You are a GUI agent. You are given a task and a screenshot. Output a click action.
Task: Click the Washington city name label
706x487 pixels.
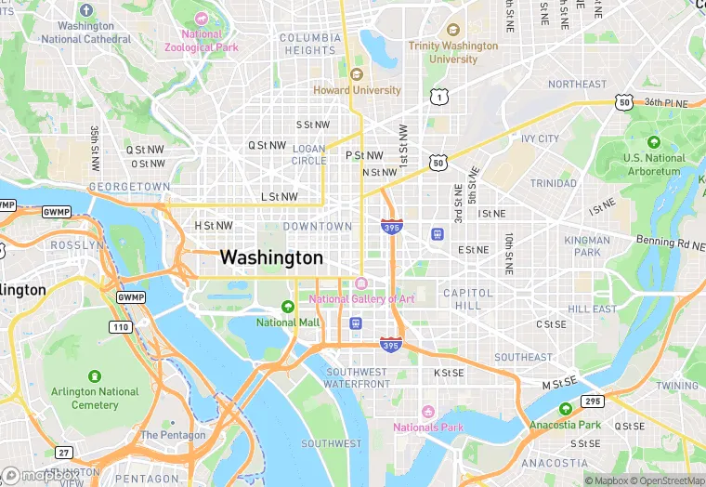pyautogui.click(x=271, y=257)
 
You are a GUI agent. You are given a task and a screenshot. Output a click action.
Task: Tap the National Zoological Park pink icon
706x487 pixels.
pyautogui.click(x=202, y=19)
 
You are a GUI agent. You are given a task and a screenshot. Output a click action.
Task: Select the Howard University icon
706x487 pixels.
pyautogui.click(x=356, y=74)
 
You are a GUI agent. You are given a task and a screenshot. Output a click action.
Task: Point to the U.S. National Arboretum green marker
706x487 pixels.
pyautogui.click(x=654, y=142)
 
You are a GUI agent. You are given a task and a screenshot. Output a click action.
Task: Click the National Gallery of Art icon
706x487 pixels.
pyautogui.click(x=361, y=283)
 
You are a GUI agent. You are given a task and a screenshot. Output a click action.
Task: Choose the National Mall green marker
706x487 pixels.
pyautogui.click(x=288, y=307)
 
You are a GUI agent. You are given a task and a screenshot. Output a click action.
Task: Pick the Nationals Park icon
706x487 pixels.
pyautogui.click(x=427, y=412)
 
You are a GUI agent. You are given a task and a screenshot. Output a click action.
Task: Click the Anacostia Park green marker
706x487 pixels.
pyautogui.click(x=565, y=409)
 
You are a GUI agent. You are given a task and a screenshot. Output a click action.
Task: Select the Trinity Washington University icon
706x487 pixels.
pyautogui.click(x=453, y=30)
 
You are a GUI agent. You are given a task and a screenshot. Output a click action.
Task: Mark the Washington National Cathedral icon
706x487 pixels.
pyautogui.click(x=86, y=10)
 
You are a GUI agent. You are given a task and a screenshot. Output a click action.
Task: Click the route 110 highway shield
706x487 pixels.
pyautogui.click(x=120, y=327)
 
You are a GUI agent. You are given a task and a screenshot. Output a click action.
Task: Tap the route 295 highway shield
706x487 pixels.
pyautogui.click(x=593, y=401)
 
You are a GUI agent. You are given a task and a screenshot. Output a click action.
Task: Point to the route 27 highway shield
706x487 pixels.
pyautogui.click(x=63, y=453)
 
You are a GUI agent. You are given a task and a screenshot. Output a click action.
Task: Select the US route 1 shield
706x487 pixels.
pyautogui.click(x=437, y=97)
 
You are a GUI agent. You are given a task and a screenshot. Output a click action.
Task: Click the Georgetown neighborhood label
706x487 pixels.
pyautogui.click(x=130, y=187)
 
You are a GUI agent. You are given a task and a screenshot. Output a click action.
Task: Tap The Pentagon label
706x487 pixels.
pyautogui.click(x=173, y=435)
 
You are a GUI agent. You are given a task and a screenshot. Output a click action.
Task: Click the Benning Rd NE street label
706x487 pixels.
pyautogui.click(x=671, y=243)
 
